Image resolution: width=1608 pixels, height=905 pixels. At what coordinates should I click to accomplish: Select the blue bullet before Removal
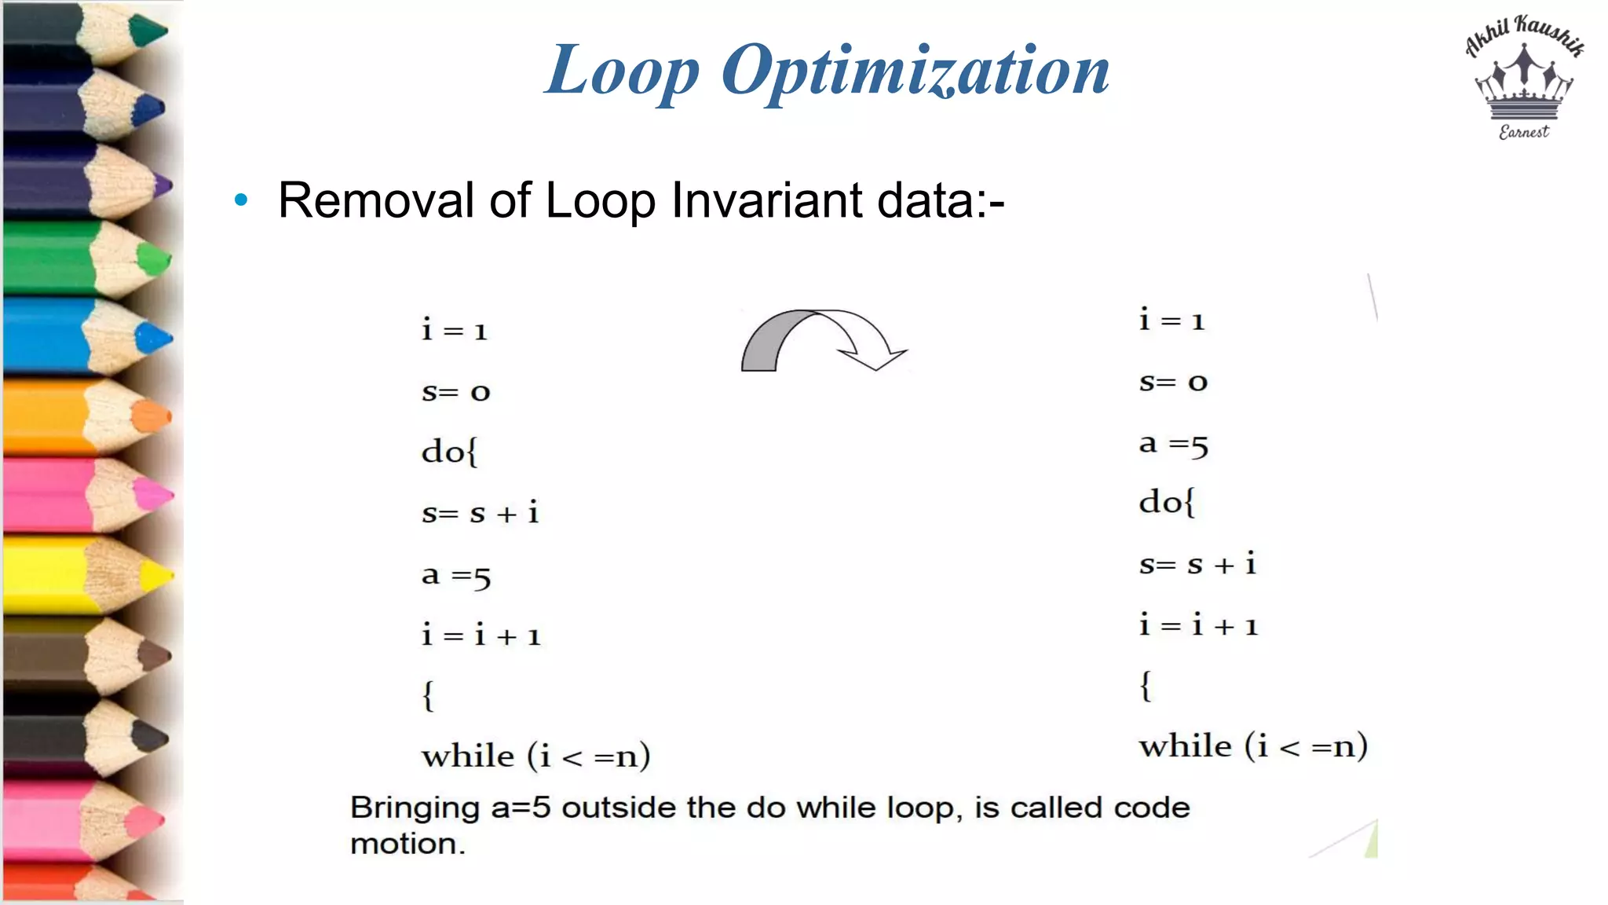click(x=241, y=200)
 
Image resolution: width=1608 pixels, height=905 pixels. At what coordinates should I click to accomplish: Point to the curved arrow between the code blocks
click(x=820, y=339)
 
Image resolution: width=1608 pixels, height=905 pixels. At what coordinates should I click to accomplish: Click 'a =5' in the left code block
click(x=456, y=576)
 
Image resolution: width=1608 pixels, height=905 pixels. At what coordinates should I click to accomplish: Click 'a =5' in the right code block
click(x=1173, y=445)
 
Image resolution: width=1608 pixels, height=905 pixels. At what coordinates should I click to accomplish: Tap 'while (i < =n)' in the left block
click(x=535, y=756)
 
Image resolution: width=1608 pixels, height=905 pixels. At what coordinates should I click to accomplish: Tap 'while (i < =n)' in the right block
click(x=1253, y=746)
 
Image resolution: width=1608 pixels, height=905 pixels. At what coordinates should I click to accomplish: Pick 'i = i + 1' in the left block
click(x=481, y=635)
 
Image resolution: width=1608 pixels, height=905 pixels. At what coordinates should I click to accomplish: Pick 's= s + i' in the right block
click(x=1197, y=564)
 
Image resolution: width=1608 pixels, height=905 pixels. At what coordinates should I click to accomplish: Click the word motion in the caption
click(x=407, y=845)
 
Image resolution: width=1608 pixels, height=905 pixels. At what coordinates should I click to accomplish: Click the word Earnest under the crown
click(x=1523, y=132)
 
